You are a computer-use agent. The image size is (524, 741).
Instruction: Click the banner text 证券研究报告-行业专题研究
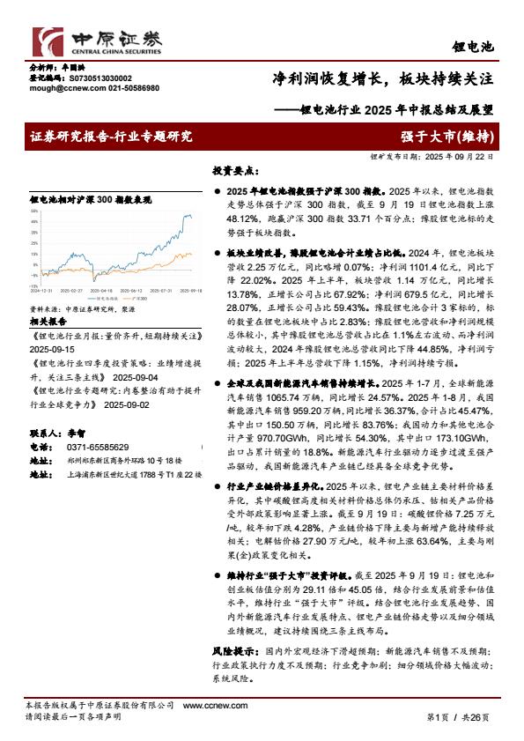coord(110,137)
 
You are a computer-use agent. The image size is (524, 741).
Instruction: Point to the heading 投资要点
coord(234,172)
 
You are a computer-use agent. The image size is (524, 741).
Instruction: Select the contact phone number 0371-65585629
coord(91,448)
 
